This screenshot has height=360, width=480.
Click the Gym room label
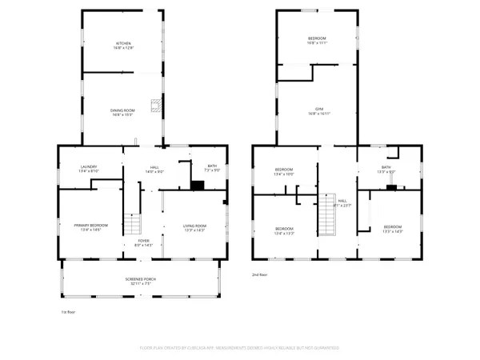(x=318, y=111)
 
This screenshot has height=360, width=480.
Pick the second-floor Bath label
(x=385, y=169)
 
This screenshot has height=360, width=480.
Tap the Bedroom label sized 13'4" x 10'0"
(x=284, y=171)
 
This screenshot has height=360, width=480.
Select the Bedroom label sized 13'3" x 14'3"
(x=393, y=228)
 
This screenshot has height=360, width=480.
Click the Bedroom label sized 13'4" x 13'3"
(x=285, y=231)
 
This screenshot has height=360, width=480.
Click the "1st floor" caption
(x=69, y=312)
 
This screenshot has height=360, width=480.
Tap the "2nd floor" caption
(x=260, y=274)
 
